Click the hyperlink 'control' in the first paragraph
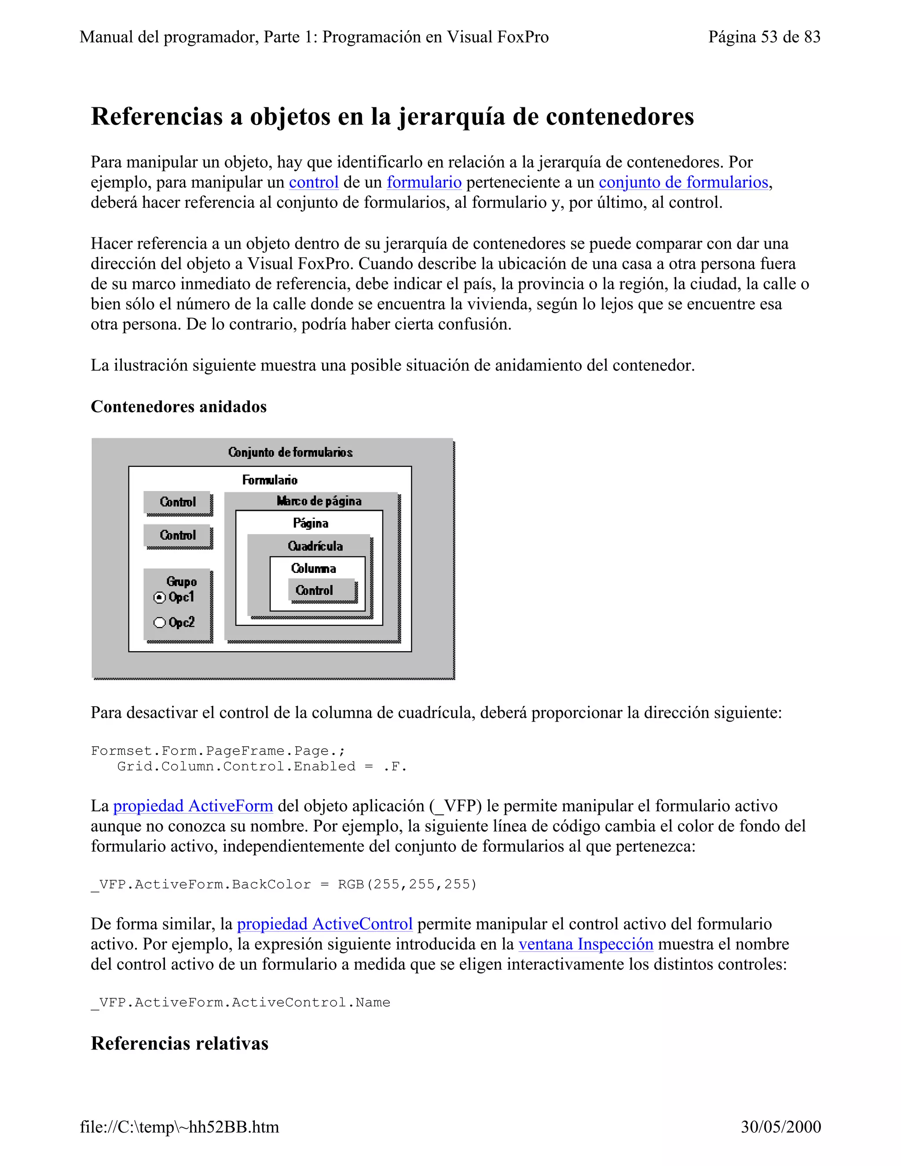(x=314, y=183)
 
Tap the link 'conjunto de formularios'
(x=683, y=183)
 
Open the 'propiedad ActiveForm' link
(x=193, y=806)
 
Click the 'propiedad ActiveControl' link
(x=325, y=924)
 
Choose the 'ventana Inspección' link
(x=586, y=944)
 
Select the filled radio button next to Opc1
(x=159, y=598)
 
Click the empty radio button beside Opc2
(x=159, y=623)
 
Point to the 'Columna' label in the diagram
(x=313, y=568)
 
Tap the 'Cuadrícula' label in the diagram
(x=315, y=546)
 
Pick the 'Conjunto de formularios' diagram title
(x=290, y=453)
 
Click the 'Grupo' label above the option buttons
(x=182, y=581)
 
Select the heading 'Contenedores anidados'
(x=178, y=407)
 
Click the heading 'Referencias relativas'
(x=179, y=1043)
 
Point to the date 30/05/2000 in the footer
(x=780, y=1127)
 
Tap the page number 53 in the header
(x=769, y=37)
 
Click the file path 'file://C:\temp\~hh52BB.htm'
(x=179, y=1127)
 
